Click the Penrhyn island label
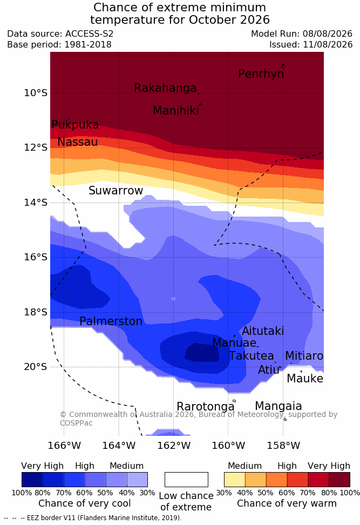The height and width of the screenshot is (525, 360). pos(261,74)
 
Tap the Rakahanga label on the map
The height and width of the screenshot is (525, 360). pos(165,88)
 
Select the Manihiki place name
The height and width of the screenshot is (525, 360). pos(176,111)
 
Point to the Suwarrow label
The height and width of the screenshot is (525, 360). pos(116,191)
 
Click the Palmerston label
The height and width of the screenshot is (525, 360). pos(111,321)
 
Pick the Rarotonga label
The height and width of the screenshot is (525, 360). pos(206,407)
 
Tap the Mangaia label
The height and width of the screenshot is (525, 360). pos(279,406)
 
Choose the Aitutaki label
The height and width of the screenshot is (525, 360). pos(263,331)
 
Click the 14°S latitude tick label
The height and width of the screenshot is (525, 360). pos(36,202)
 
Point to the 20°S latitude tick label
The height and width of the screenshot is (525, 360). pos(36,367)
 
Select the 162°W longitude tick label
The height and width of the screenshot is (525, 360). pos(174,446)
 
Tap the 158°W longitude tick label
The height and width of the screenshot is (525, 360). pos(283,446)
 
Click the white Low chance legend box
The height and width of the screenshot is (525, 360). pos(186,480)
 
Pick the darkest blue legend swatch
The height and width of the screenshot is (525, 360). pos(32,480)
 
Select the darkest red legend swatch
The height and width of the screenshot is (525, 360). pos(339,480)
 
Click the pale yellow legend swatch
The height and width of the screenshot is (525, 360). pos(235,480)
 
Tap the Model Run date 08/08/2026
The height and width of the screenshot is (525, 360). pos(328,34)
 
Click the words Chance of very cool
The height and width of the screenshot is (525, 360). pos(84,503)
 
